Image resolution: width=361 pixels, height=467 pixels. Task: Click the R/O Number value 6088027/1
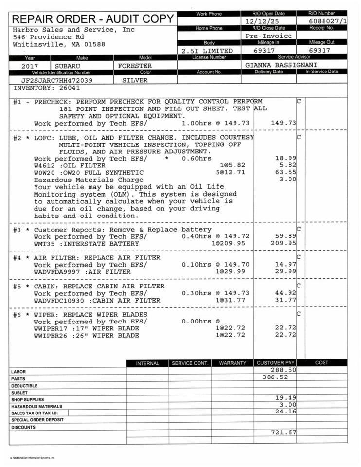(x=328, y=21)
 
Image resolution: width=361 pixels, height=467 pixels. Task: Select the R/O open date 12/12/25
(x=263, y=22)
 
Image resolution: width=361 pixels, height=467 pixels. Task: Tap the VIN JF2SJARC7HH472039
(x=57, y=80)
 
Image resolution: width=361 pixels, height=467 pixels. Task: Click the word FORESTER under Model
(x=135, y=66)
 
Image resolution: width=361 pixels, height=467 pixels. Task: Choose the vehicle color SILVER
(x=135, y=80)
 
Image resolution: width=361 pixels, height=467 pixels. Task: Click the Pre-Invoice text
(x=269, y=36)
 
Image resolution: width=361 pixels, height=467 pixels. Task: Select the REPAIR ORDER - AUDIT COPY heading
(x=93, y=19)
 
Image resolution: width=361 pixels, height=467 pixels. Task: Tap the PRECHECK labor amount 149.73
(x=285, y=123)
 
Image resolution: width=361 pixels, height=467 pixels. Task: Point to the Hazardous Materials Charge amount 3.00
(x=288, y=179)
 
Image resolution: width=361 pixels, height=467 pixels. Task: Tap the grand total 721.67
(x=284, y=432)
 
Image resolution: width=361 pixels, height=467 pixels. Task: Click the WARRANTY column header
(x=232, y=363)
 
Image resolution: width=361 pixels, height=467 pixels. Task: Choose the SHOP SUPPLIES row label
(x=24, y=399)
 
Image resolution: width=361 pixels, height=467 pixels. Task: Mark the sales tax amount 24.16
(x=286, y=412)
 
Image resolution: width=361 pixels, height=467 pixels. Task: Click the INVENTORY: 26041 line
(x=47, y=88)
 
